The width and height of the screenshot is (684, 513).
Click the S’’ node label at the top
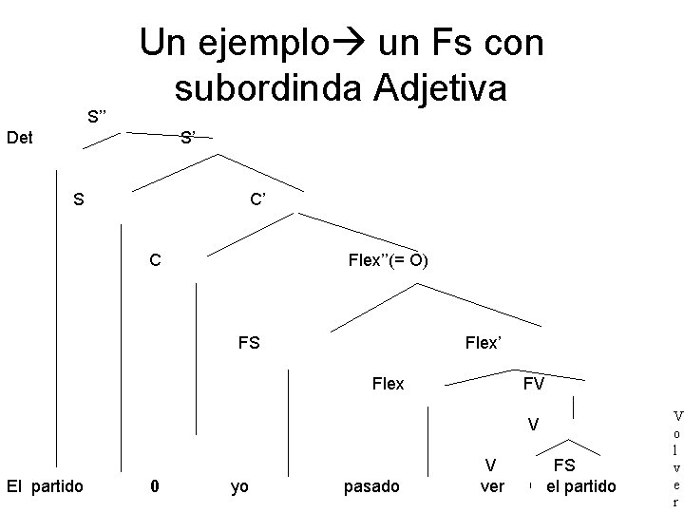(97, 117)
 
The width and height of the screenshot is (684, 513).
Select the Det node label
(19, 139)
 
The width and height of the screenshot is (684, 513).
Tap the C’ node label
(258, 199)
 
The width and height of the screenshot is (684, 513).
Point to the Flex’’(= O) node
(389, 259)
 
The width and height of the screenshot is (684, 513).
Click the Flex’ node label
(483, 342)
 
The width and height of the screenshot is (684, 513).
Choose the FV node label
(533, 384)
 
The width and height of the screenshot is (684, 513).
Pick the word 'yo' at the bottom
(240, 486)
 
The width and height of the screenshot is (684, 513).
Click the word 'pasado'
(371, 486)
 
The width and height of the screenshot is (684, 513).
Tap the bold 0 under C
(155, 486)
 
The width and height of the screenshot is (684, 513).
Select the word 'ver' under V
(492, 486)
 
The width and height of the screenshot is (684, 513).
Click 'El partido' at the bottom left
(45, 486)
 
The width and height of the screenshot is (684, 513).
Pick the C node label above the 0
(154, 259)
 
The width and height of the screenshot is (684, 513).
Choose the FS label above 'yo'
(249, 342)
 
